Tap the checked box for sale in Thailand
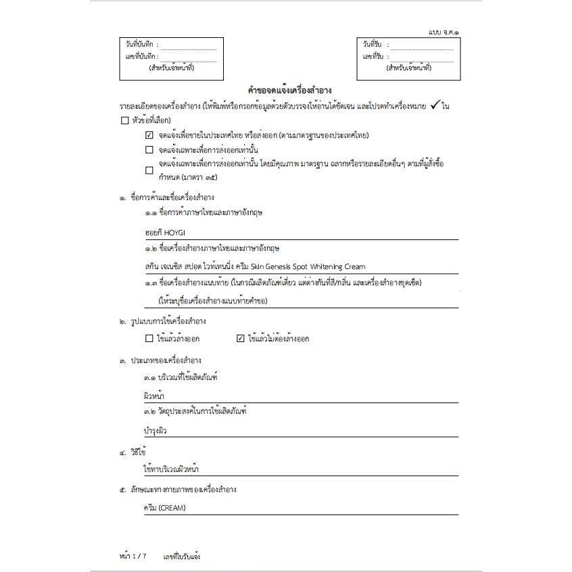click(149, 135)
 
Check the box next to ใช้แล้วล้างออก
click(149, 339)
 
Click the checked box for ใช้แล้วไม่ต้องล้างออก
click(240, 339)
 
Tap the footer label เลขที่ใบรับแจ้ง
click(181, 556)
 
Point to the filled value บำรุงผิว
click(155, 430)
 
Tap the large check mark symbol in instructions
click(435, 105)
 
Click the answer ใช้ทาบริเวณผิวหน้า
click(171, 469)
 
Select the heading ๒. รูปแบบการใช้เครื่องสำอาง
click(162, 320)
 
